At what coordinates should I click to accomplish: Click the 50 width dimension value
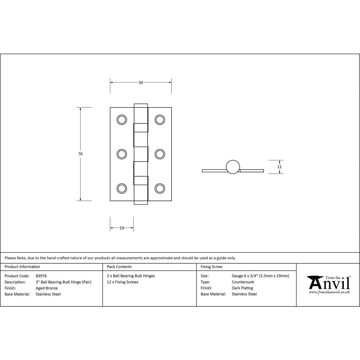141,82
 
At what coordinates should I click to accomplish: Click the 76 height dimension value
80,154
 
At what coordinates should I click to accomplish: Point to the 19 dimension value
122,228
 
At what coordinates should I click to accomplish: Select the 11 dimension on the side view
280,167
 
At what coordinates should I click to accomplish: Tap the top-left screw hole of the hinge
122,120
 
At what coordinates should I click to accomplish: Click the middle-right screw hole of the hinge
159,154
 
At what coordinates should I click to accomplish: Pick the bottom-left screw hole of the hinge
122,188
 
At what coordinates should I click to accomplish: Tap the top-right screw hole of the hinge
159,120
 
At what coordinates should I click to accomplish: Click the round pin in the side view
233,167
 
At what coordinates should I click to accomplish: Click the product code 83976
41,276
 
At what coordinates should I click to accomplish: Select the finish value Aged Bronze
47,288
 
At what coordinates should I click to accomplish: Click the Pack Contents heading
119,267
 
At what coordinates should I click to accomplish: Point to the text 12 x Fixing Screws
123,282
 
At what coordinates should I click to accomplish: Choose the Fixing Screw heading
211,267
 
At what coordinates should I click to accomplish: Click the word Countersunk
243,282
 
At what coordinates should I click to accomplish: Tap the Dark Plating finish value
242,288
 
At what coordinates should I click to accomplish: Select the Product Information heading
22,267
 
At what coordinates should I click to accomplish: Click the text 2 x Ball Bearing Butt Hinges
131,276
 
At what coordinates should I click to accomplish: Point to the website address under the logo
329,292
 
